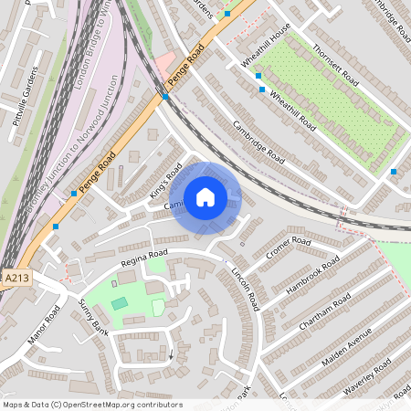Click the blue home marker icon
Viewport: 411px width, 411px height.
[205, 197]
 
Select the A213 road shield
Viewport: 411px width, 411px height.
[16, 278]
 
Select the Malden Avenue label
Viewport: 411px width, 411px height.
[347, 346]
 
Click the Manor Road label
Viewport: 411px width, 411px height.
[44, 324]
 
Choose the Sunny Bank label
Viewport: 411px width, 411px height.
[93, 317]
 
